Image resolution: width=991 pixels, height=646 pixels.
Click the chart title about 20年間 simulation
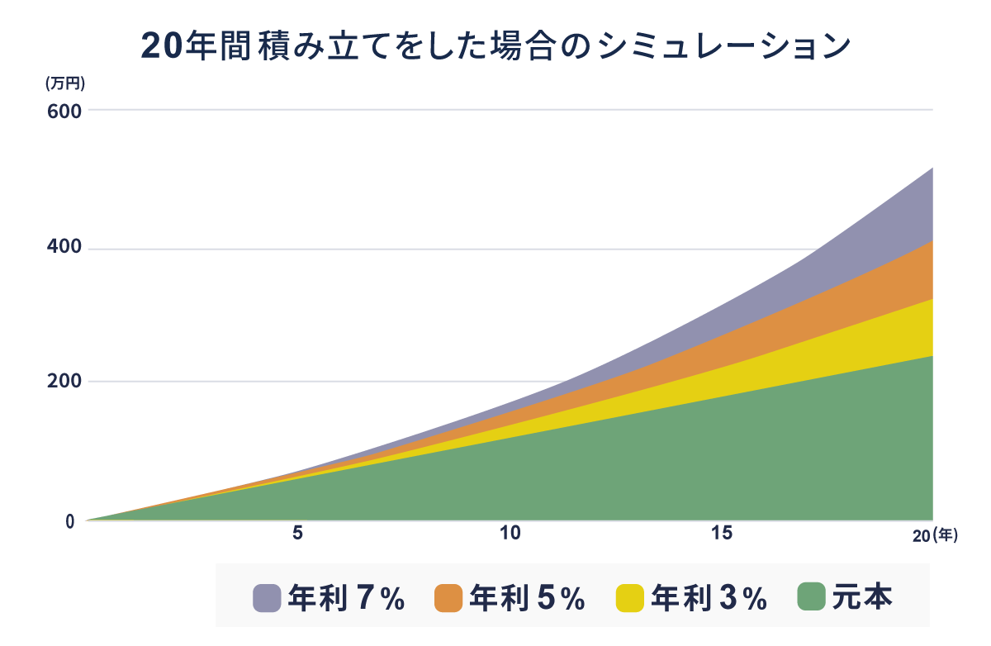495,46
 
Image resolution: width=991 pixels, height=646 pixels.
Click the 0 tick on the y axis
70,520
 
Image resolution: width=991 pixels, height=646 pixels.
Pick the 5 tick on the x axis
298,534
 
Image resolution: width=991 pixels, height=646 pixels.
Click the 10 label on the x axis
510,534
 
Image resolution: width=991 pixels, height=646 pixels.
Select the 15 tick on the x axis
722,534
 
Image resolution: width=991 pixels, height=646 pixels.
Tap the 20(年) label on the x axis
934,535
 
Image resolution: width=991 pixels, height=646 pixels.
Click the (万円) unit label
65,83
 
